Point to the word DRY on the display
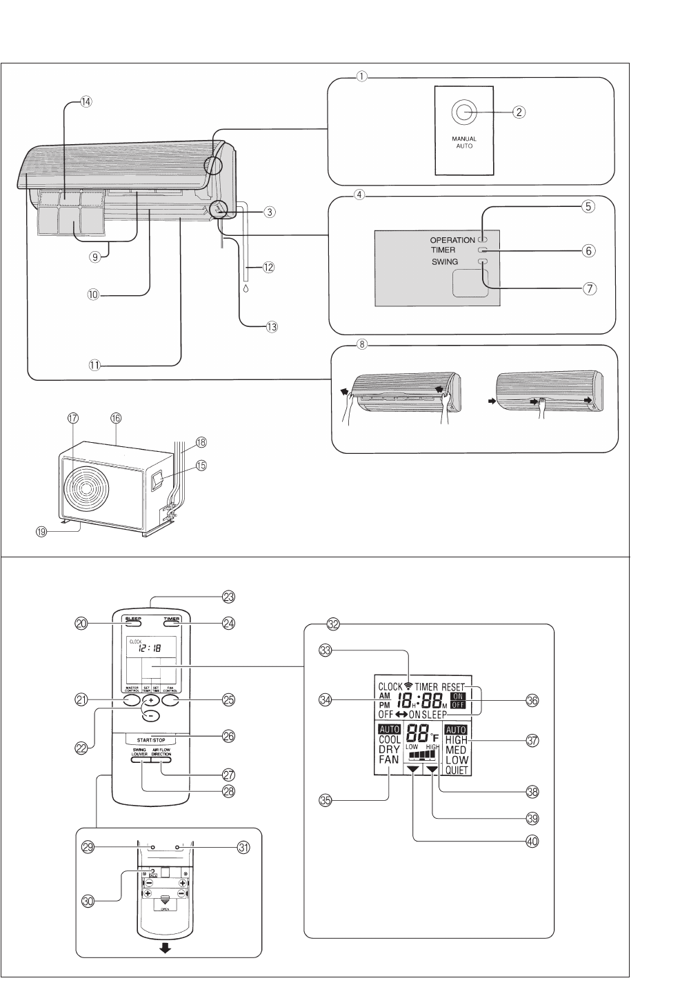[x=388, y=749]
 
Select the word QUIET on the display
[x=457, y=770]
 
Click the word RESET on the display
[x=453, y=687]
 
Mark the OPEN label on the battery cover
[x=165, y=909]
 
